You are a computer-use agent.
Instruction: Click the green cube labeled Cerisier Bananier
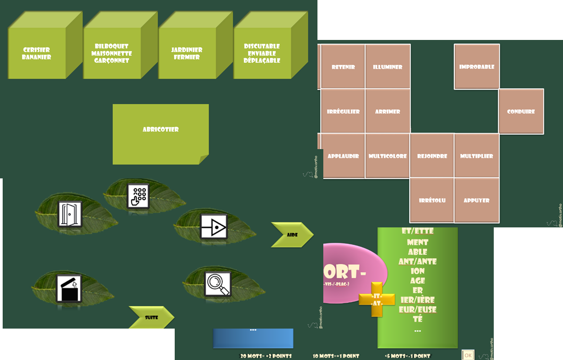click(37, 54)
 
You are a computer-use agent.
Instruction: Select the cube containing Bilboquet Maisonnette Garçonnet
click(111, 54)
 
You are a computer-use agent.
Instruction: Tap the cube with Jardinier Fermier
click(186, 54)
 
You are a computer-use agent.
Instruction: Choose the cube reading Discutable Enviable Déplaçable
click(262, 54)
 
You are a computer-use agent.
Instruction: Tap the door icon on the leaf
click(70, 214)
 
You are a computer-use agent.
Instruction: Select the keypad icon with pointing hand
click(138, 196)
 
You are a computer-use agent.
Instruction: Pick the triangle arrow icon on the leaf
click(214, 227)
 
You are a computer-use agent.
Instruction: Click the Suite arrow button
click(151, 317)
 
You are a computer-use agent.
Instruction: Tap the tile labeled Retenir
click(343, 67)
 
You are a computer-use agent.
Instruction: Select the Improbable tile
click(477, 67)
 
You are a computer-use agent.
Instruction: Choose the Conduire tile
click(521, 112)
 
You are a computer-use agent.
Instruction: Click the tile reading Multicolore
click(388, 156)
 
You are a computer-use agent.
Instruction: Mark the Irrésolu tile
click(432, 201)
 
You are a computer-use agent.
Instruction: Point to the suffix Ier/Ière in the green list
click(418, 300)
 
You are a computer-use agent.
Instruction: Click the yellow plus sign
click(377, 299)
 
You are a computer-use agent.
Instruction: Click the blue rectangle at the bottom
click(253, 338)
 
